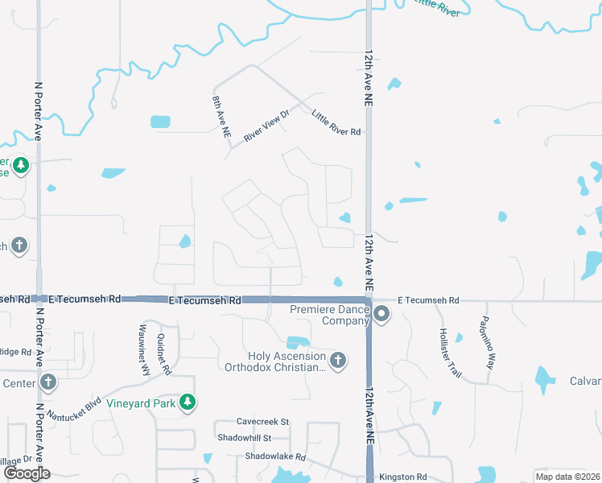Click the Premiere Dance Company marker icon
point(382,314)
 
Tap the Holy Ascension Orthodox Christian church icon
point(338,360)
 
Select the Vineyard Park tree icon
point(188,402)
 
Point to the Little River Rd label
point(336,122)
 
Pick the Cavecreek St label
point(262,422)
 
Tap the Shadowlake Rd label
point(276,456)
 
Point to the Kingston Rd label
point(402,477)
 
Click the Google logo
point(27,473)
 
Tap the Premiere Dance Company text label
point(328,315)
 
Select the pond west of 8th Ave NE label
point(160,122)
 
